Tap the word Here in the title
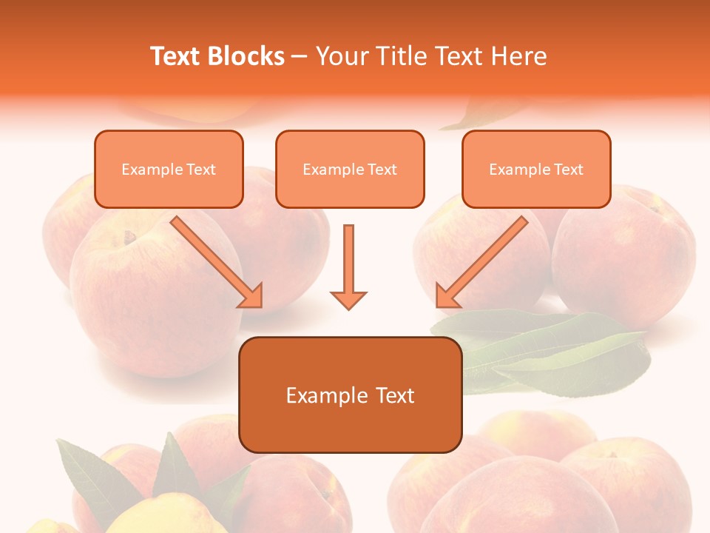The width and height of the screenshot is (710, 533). (x=517, y=56)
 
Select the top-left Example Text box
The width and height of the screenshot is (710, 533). (x=169, y=169)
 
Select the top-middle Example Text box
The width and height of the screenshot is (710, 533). (x=350, y=169)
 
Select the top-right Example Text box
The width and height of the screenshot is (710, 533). (x=536, y=169)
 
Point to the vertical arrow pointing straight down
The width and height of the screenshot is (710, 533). (x=348, y=266)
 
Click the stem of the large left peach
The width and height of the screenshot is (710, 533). (x=131, y=238)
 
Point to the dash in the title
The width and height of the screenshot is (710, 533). (x=300, y=57)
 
